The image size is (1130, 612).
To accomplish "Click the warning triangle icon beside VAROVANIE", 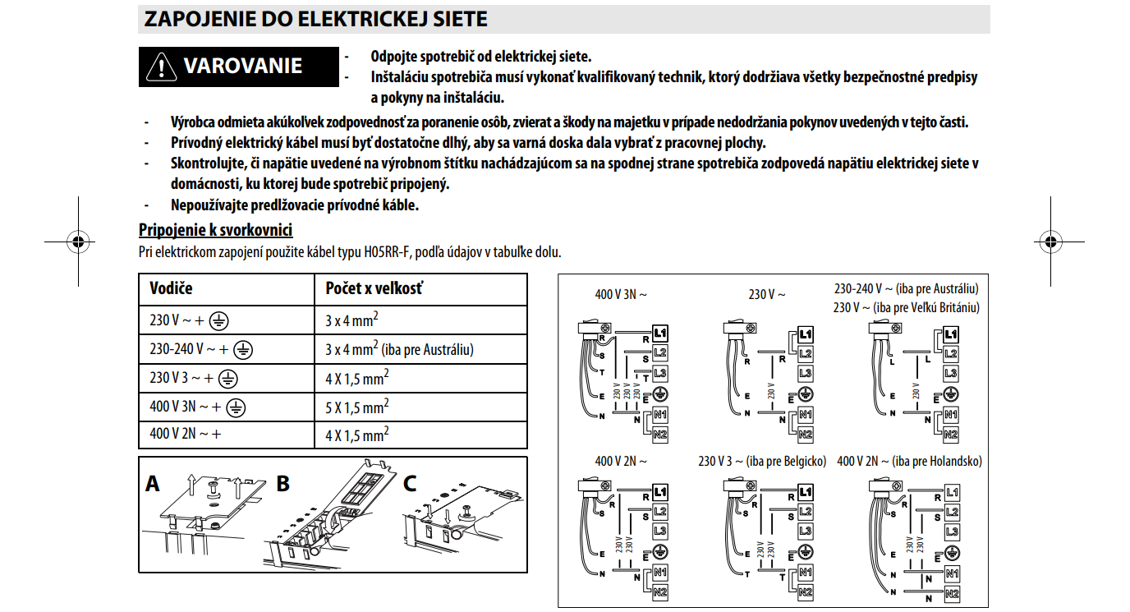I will (x=162, y=67).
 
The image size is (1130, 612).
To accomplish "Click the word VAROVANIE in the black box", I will (x=242, y=66).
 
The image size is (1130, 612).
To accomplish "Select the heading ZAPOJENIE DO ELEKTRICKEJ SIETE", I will (x=315, y=19).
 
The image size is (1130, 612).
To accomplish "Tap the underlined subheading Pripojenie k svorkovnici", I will (x=216, y=230).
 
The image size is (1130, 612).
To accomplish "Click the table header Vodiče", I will (x=171, y=288).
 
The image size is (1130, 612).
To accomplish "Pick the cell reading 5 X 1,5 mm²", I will (x=357, y=407).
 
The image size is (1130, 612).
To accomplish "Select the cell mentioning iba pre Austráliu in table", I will (x=400, y=350).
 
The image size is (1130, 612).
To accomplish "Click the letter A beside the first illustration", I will (x=153, y=484).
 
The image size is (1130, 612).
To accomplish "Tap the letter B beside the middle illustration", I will (x=283, y=484).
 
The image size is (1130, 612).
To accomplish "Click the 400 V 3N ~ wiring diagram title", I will (x=621, y=294).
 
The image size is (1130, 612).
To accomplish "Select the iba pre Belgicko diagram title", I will (x=761, y=462).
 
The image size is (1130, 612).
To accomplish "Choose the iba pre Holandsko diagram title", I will (x=909, y=462).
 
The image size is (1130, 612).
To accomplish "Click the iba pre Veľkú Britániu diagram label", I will (x=907, y=307).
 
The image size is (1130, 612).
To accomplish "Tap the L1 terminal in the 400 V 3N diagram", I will (x=661, y=334).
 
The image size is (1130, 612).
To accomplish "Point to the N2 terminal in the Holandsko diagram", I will (x=952, y=592).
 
